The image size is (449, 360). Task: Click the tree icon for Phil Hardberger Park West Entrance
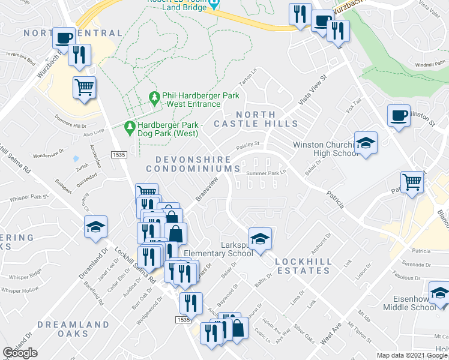[x=154, y=97]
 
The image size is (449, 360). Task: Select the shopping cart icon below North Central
[x=85, y=88]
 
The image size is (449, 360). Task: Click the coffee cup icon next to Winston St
[x=399, y=115]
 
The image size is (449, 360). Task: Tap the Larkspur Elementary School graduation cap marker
[x=260, y=239]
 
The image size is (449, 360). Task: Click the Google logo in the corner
[x=20, y=353]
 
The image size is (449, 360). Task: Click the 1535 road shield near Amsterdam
[x=118, y=155]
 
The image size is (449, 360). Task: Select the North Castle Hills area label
[x=264, y=119]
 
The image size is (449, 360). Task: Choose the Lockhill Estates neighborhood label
[x=303, y=266]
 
